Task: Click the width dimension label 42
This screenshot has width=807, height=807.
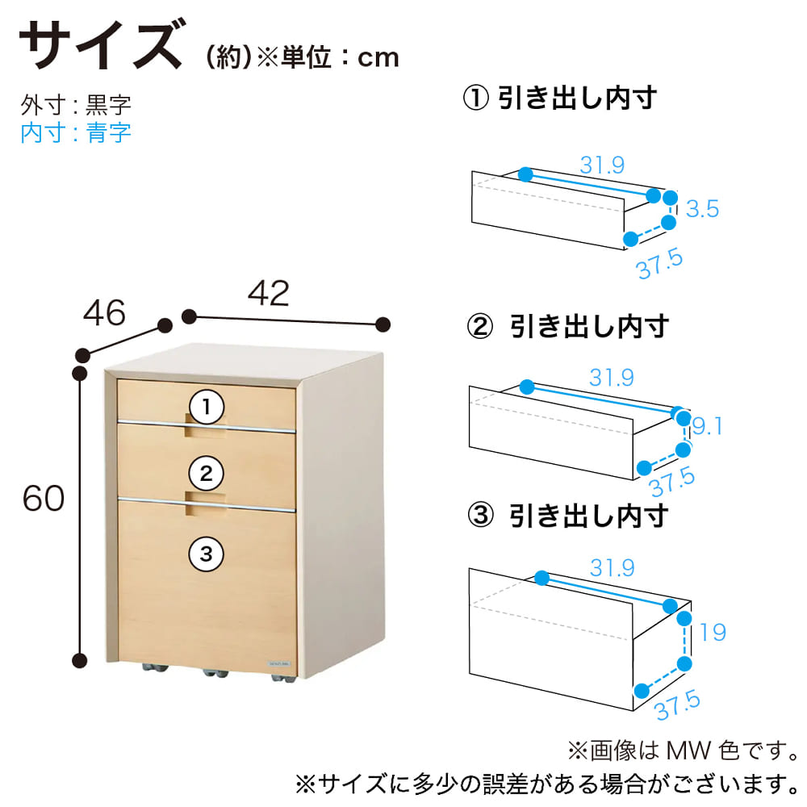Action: click(x=268, y=294)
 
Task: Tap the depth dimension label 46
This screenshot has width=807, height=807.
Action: click(x=104, y=312)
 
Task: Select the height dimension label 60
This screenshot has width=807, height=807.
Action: click(x=44, y=498)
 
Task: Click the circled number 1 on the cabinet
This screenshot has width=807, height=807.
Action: click(x=207, y=407)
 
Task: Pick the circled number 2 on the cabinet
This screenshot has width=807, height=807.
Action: click(x=207, y=474)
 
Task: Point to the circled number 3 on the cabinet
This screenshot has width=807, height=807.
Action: click(x=207, y=554)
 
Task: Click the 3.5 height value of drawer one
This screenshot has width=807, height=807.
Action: click(x=703, y=209)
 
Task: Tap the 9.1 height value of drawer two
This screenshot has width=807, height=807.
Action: click(x=707, y=426)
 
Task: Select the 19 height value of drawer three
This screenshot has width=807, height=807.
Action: click(x=713, y=632)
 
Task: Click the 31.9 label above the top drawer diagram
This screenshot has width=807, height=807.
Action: click(x=602, y=165)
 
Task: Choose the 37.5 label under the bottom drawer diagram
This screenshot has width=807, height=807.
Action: click(x=677, y=706)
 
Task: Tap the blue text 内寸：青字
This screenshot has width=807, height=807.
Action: click(x=76, y=133)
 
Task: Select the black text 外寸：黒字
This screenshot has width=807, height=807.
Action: click(x=76, y=105)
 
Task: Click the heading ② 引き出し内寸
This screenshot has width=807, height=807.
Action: click(x=567, y=326)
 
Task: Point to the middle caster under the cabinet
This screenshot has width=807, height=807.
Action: click(x=215, y=672)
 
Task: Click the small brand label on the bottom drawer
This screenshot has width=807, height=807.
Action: click(x=279, y=664)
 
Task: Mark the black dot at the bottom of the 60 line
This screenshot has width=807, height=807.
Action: click(x=80, y=660)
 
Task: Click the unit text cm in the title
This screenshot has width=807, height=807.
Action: click(x=378, y=58)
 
